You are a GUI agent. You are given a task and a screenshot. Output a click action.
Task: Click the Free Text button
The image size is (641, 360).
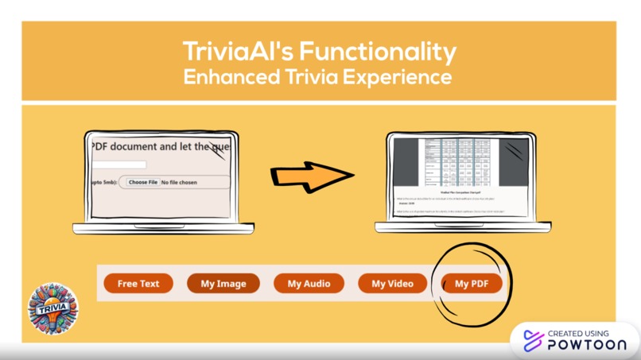point(138,284)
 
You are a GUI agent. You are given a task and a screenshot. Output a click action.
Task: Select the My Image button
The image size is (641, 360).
point(223,284)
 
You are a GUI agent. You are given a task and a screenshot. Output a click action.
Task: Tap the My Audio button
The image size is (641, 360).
point(308,284)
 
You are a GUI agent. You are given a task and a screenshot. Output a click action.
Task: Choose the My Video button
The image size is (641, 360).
point(393,284)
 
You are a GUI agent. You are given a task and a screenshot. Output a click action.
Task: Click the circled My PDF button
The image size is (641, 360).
point(472,284)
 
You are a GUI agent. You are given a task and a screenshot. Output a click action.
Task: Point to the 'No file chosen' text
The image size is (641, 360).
point(179,183)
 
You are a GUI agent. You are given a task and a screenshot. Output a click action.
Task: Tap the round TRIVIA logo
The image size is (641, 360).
point(53,309)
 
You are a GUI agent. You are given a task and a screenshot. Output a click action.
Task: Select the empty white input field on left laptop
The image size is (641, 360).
point(118,165)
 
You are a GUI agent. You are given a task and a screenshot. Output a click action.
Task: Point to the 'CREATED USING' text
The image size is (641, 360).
point(578,333)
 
